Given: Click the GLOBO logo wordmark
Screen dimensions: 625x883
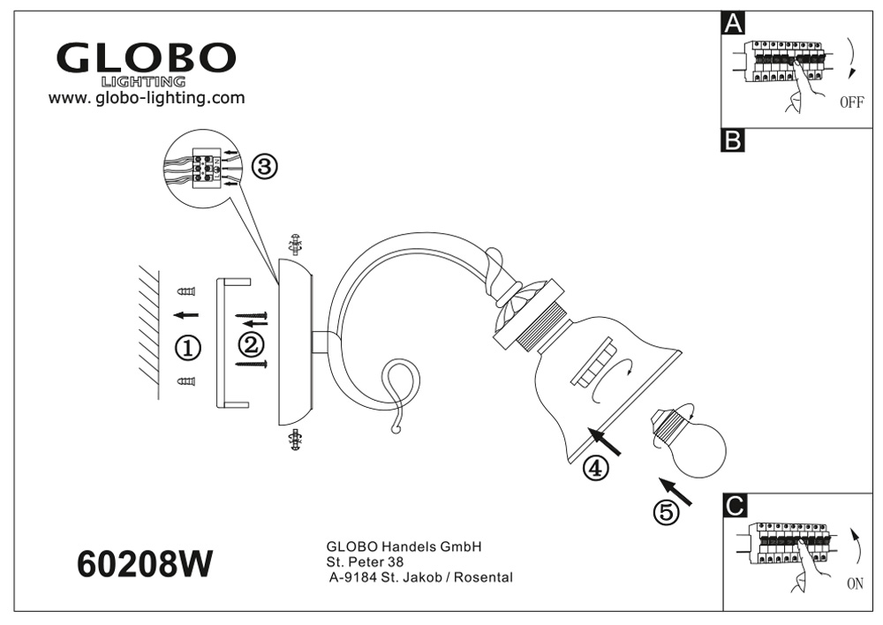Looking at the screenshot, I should [146, 58].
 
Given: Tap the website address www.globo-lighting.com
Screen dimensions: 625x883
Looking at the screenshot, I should [147, 98].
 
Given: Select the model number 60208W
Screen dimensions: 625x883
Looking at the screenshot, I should [146, 562].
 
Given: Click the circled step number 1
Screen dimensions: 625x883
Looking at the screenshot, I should [188, 348].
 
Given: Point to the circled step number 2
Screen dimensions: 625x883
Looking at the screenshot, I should [252, 342].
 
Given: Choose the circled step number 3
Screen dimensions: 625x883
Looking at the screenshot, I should [265, 166].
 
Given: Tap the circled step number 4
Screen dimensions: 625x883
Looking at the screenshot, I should [596, 469].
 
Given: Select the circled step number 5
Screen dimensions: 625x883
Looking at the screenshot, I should [667, 511].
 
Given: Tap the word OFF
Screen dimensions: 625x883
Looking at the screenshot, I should [851, 102].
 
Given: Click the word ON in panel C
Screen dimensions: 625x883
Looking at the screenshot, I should [854, 584].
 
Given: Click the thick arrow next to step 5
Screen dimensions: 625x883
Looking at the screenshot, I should [675, 492].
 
